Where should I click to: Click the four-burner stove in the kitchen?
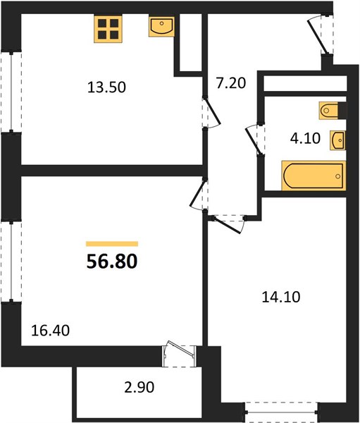pyautogui.click(x=108, y=29)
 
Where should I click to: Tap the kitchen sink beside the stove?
pyautogui.click(x=161, y=27)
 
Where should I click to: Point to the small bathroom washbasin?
pyautogui.click(x=337, y=140)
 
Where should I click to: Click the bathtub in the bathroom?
pyautogui.click(x=314, y=176)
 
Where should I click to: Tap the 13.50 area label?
pyautogui.click(x=106, y=87)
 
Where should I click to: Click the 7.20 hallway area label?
pyautogui.click(x=231, y=82)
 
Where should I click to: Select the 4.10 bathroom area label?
pyautogui.click(x=305, y=138)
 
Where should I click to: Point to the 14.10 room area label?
pyautogui.click(x=281, y=297)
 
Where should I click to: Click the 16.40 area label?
pyautogui.click(x=50, y=331)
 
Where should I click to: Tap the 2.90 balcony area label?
pyautogui.click(x=139, y=387)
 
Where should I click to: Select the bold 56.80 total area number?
pyautogui.click(x=112, y=262)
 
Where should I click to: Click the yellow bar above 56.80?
pyautogui.click(x=112, y=244)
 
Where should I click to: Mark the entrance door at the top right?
pyautogui.click(x=321, y=35)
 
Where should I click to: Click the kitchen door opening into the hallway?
pyautogui.click(x=211, y=112)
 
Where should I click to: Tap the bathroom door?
pyautogui.click(x=255, y=140)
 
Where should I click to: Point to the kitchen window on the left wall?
pyautogui.click(x=11, y=92)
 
